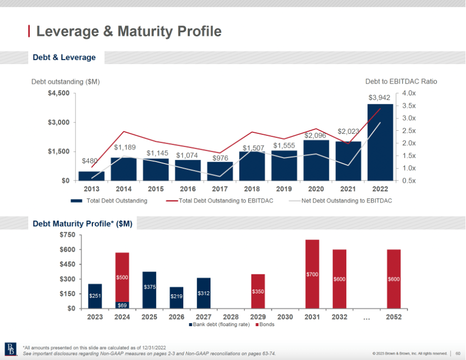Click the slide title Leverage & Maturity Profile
pyautogui.click(x=129, y=31)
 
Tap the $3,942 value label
pyautogui.click(x=379, y=97)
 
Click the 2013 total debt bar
pyautogui.click(x=91, y=176)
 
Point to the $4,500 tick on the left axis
pyautogui.click(x=59, y=93)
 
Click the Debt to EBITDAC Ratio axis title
pyautogui.click(x=401, y=82)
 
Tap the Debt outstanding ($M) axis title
pyautogui.click(x=65, y=82)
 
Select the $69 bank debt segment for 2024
pyautogui.click(x=122, y=305)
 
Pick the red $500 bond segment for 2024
pyautogui.click(x=122, y=277)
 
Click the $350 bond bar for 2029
pyautogui.click(x=258, y=291)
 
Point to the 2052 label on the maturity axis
pyautogui.click(x=394, y=317)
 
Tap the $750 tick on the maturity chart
pyautogui.click(x=68, y=235)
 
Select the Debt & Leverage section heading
pyautogui.click(x=64, y=57)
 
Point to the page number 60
pyautogui.click(x=457, y=353)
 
